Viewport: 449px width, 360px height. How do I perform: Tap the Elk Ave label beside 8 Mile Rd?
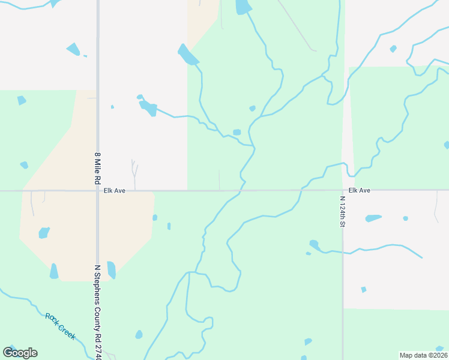pos(113,191)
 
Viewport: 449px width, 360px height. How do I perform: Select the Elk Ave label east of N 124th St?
pos(359,190)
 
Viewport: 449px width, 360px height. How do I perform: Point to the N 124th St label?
pos(343,211)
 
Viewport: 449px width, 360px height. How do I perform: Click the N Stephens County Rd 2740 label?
pos(97,311)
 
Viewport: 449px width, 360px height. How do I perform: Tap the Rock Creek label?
pos(61,326)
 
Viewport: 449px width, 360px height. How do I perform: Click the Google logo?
pos(20,353)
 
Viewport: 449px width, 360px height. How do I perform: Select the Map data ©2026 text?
pos(423,355)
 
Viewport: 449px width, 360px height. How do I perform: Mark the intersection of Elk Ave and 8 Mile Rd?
pos(97,191)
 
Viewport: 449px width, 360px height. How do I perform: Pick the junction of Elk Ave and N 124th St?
pos(343,191)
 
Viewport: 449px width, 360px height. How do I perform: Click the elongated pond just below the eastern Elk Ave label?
pos(373,218)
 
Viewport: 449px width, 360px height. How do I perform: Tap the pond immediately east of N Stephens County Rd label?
pos(111,270)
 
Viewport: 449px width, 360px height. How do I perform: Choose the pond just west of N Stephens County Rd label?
pos(54,272)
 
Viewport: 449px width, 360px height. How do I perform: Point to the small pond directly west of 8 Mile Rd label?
pos(24,165)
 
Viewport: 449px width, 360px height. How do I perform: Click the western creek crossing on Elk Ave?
pos(240,191)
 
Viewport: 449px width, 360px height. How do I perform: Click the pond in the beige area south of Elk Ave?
pos(44,233)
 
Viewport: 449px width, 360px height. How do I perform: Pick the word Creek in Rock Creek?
pos(67,331)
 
